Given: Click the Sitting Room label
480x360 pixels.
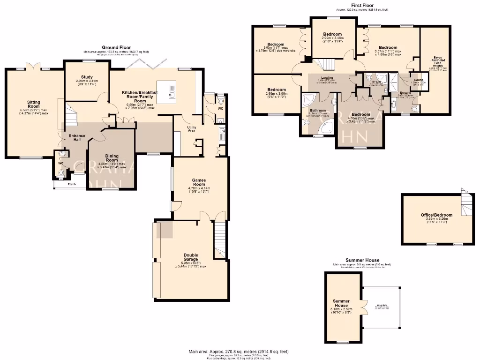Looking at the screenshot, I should coord(33,104).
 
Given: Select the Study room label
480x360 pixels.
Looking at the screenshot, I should coord(87,77).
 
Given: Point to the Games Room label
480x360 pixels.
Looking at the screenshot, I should coord(199,182).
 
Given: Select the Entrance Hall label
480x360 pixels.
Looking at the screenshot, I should coord(77,138).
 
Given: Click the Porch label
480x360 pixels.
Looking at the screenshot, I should coord(72,184).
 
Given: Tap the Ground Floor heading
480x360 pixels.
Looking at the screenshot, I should coord(117,47).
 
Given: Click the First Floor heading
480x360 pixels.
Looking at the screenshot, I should coord(362,5).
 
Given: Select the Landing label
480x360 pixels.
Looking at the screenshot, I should coord(327,78).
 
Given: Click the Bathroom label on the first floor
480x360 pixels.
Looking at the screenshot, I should coord(318,111).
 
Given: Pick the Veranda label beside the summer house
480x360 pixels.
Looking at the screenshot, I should coord(381,306).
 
